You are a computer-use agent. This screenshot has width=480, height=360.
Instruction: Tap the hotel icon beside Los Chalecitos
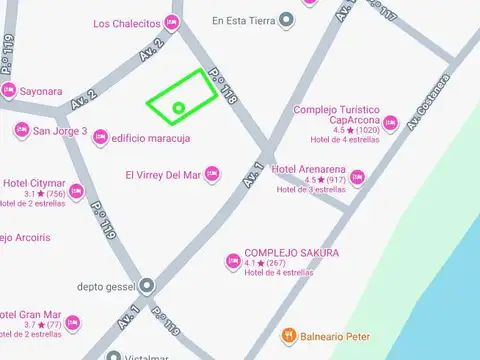[172, 22]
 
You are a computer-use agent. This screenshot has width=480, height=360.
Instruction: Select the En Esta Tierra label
[245, 19]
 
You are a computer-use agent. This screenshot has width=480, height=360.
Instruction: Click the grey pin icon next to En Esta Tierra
[288, 19]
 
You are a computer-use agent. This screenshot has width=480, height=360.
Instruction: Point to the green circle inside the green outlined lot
[179, 108]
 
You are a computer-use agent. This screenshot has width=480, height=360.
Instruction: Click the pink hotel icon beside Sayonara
[9, 91]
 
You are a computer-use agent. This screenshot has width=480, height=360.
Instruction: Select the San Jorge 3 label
[60, 131]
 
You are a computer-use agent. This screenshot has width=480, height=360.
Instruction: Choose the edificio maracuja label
[151, 139]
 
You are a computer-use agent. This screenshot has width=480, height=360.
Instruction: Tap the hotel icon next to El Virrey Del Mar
[211, 175]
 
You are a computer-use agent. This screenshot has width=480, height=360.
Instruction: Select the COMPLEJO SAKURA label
[291, 253]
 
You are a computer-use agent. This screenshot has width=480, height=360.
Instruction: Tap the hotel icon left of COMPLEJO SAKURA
[232, 262]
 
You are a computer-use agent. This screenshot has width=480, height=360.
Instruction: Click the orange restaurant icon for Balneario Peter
[288, 335]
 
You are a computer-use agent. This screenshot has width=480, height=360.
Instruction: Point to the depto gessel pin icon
[147, 286]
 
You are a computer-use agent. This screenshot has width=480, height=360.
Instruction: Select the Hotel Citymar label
[34, 183]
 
